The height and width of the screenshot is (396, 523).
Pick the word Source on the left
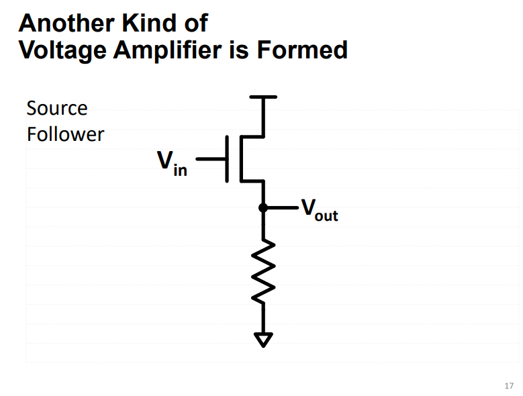tap(56, 108)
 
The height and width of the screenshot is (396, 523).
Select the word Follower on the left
tap(65, 134)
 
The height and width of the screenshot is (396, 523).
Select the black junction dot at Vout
tap(263, 208)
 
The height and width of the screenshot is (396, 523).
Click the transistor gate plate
tap(228, 159)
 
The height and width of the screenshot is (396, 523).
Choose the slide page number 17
tap(508, 385)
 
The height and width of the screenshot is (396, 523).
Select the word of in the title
tap(194, 23)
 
